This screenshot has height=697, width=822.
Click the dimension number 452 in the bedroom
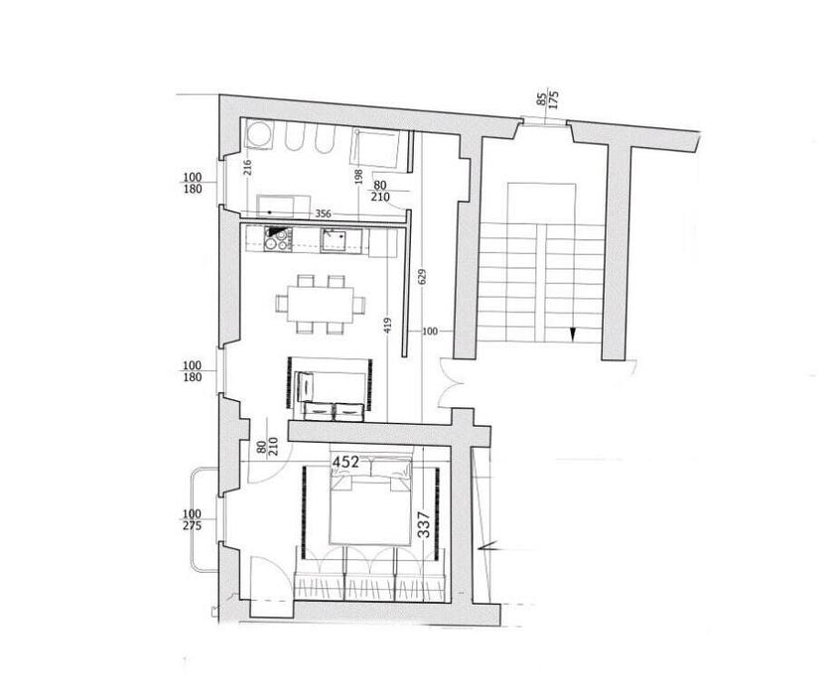[346, 462]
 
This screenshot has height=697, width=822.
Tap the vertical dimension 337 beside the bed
[424, 525]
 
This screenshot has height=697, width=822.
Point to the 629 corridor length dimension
[423, 277]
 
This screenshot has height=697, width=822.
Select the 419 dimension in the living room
[387, 327]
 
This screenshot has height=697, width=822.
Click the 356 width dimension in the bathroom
[323, 213]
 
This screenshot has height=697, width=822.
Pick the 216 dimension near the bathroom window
[247, 168]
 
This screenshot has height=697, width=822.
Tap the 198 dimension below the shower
[358, 177]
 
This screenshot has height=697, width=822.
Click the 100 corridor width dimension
[429, 331]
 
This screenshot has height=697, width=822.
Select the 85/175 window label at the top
[548, 99]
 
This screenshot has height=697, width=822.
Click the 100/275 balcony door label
[192, 519]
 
